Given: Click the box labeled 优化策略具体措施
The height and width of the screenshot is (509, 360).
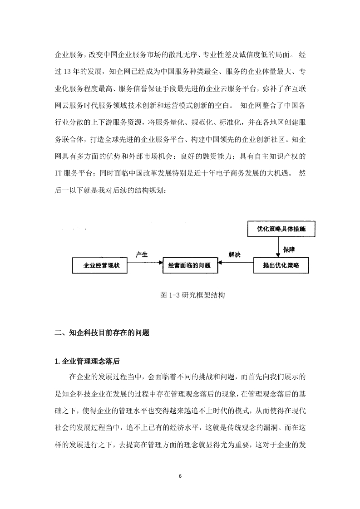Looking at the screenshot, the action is (x=281, y=229).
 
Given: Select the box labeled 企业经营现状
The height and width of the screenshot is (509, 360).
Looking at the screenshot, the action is (x=99, y=265).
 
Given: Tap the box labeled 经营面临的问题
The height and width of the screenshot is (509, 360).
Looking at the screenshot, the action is (x=190, y=265).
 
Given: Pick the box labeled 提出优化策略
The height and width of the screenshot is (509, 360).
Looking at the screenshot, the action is (x=281, y=265).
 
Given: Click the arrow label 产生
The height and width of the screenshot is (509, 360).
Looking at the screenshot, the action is (x=142, y=254).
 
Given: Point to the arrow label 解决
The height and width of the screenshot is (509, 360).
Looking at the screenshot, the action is (x=235, y=254).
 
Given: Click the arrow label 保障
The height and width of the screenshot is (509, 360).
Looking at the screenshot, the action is (x=289, y=250).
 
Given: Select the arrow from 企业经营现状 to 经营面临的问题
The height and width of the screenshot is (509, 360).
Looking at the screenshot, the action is (x=144, y=263).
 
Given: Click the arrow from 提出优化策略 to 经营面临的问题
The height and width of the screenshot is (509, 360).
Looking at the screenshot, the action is (x=236, y=263).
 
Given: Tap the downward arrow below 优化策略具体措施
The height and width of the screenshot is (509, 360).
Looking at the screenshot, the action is (x=278, y=247).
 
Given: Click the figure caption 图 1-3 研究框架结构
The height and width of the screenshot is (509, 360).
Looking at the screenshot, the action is (x=192, y=295).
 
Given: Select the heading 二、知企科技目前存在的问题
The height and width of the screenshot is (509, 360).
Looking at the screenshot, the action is (x=102, y=333).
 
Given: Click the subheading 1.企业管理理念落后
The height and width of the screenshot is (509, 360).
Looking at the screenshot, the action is (x=87, y=361).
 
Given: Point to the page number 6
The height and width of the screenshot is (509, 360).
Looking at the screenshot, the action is (x=180, y=476).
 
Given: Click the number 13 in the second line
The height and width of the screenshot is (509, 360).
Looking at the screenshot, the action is (x=67, y=72).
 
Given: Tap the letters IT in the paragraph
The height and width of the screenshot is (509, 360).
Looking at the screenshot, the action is (x=58, y=173).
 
